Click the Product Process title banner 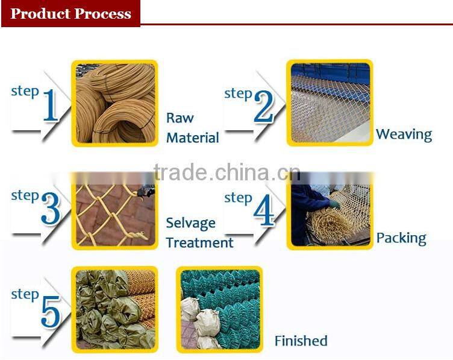70,14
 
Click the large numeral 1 51,105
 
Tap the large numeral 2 263,106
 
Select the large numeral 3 51,209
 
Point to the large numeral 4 264,210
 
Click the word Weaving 404,134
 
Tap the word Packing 401,239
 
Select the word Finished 301,341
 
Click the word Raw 180,118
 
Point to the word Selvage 191,223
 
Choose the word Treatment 199,242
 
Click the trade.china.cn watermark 227,172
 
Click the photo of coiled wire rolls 115,103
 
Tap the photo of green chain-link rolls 220,309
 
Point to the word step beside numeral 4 238,198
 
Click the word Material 193,137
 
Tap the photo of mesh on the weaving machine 330,103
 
